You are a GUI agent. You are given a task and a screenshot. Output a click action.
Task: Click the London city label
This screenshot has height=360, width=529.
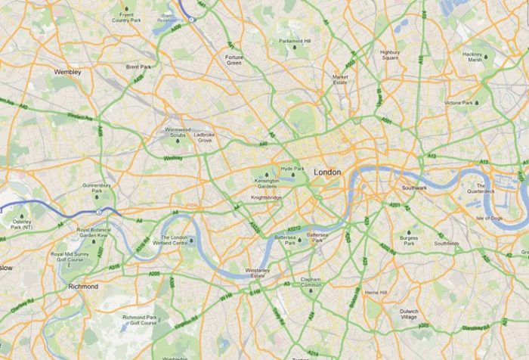327,172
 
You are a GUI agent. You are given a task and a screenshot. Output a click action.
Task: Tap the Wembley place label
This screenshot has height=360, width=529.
67,72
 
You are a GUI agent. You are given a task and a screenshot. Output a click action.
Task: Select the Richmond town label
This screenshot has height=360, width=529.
83,287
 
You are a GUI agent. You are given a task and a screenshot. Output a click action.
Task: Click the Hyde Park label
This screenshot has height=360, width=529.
292,169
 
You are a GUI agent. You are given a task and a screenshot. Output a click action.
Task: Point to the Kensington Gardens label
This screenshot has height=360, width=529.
266,182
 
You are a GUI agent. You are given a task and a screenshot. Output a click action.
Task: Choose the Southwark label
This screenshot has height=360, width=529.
415,188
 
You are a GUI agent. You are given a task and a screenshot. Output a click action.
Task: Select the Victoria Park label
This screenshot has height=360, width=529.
458,103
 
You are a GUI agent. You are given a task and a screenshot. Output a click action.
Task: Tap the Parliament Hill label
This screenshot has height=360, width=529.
294,42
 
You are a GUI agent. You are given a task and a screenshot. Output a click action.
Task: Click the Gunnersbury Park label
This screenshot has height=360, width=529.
97,188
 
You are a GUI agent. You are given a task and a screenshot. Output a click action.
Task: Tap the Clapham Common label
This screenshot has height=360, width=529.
311,282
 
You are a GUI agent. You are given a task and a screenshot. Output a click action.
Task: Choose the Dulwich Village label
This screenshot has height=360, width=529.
409,314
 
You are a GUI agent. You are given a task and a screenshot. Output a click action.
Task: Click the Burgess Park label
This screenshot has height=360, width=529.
409,241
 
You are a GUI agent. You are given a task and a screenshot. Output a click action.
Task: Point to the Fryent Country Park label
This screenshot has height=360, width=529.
123,18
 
